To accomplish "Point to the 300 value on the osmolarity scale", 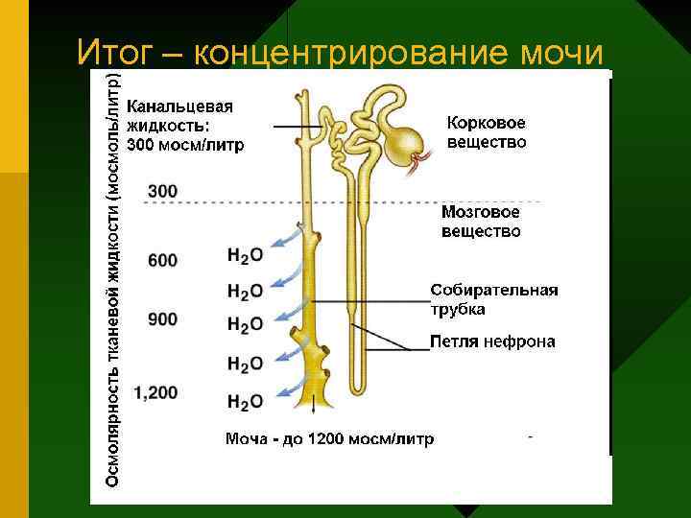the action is click(163, 192).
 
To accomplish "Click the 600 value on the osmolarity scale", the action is click(163, 259).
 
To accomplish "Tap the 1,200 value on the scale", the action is click(156, 391).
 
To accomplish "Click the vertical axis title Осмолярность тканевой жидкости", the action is click(113, 278).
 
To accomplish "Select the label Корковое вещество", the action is click(487, 132).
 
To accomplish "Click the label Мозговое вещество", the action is click(481, 222).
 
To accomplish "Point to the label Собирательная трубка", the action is click(493, 299).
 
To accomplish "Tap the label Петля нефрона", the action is click(492, 341).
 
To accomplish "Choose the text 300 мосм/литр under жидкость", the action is click(186, 146).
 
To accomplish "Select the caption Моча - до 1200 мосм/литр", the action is click(329, 438).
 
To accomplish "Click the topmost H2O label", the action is click(245, 255).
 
